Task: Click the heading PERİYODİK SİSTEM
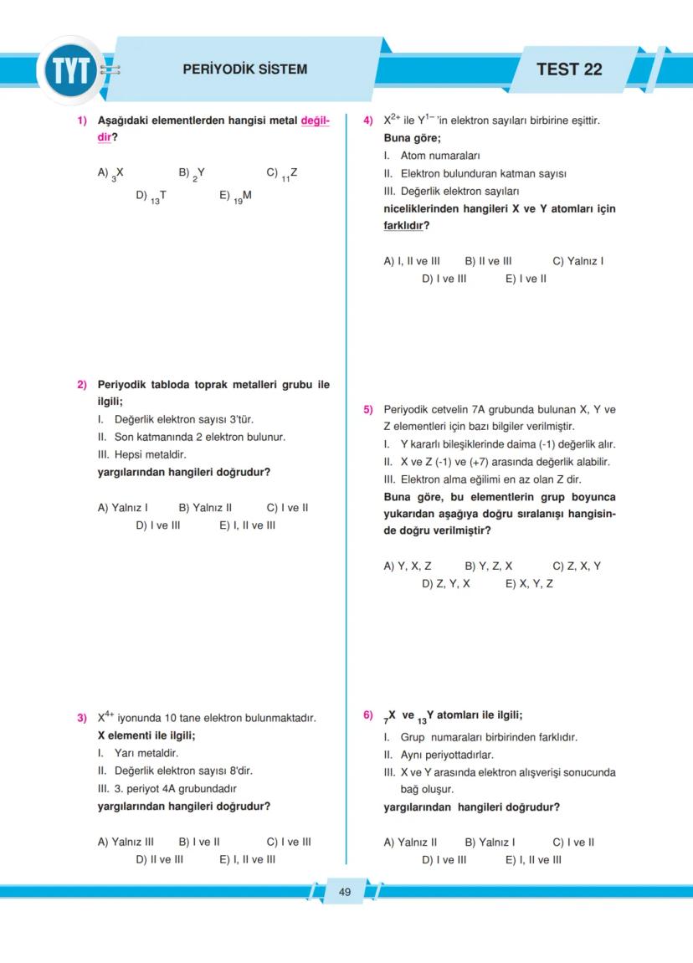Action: click(244, 69)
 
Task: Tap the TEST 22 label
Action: click(568, 69)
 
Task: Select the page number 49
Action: click(345, 892)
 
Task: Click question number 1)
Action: click(83, 120)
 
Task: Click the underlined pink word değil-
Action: click(315, 120)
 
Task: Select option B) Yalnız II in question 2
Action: click(205, 508)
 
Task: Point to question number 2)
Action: click(83, 385)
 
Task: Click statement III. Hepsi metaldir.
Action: click(141, 455)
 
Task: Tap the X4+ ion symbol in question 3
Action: click(105, 717)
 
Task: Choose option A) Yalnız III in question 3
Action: click(126, 842)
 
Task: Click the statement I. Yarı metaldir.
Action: click(138, 753)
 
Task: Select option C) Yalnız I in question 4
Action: click(578, 261)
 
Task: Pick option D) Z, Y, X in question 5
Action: click(445, 583)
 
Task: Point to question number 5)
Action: click(368, 410)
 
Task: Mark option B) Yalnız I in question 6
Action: click(490, 842)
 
